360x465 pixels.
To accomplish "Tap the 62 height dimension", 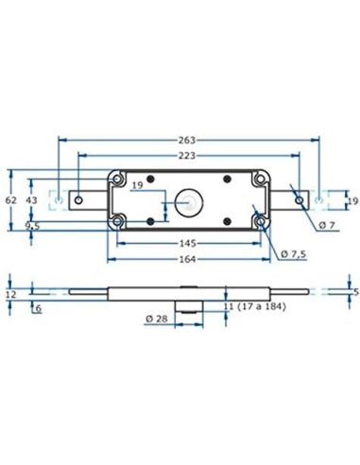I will coord(11,200).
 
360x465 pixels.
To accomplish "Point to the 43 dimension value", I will coord(32,200).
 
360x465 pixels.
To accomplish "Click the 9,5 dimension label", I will coord(32,227).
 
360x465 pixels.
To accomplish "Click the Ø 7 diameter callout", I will coord(328,224).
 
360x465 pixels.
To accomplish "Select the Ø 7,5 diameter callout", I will coord(297,253).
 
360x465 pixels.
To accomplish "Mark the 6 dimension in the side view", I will coord(38,307).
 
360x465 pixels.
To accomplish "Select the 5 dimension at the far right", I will coord(354,292).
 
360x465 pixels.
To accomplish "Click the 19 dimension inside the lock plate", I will coord(139,187).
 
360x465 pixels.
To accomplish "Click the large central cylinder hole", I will coord(189,200).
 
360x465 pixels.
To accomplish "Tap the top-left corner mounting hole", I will coord(119,179).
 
